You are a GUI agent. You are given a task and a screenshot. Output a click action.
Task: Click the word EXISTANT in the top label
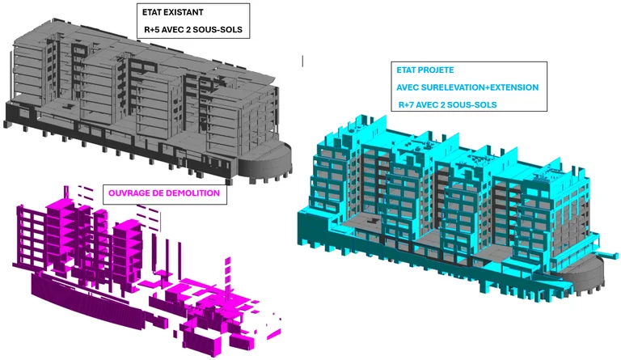184,12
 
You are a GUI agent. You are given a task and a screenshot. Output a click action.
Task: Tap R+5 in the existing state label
151,30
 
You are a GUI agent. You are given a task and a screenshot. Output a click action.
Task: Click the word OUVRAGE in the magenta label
126,193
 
